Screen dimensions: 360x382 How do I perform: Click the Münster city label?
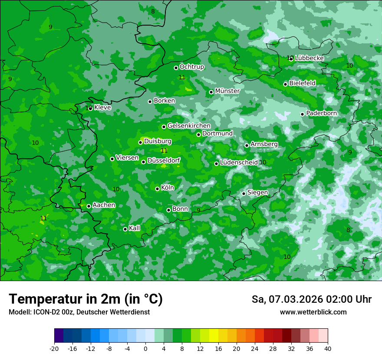click(227, 91)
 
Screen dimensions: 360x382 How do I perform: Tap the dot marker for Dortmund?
click(198, 134)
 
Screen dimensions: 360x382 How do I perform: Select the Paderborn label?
click(322, 113)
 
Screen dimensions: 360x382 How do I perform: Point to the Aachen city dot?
click(89, 206)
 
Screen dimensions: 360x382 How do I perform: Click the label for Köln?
click(168, 188)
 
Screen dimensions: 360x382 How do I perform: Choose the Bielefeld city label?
click(303, 83)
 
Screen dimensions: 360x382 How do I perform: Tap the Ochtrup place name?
click(192, 67)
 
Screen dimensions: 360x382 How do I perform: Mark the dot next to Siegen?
click(244, 193)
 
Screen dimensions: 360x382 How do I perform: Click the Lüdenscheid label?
click(239, 163)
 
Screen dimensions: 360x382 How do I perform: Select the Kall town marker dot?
click(125, 229)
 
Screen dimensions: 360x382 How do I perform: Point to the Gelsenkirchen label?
click(189, 126)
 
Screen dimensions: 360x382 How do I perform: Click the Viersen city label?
click(127, 158)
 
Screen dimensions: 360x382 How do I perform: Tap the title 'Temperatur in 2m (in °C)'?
click(86, 299)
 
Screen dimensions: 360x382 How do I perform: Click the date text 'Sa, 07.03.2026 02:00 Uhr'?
click(312, 299)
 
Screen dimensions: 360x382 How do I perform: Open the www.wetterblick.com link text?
click(313, 312)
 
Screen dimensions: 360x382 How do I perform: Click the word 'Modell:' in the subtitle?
click(20, 312)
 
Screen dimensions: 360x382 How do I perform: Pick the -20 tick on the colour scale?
click(54, 348)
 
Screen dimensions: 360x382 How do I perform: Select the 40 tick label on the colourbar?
click(328, 348)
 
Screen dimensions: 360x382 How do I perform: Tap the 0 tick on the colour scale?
click(145, 348)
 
